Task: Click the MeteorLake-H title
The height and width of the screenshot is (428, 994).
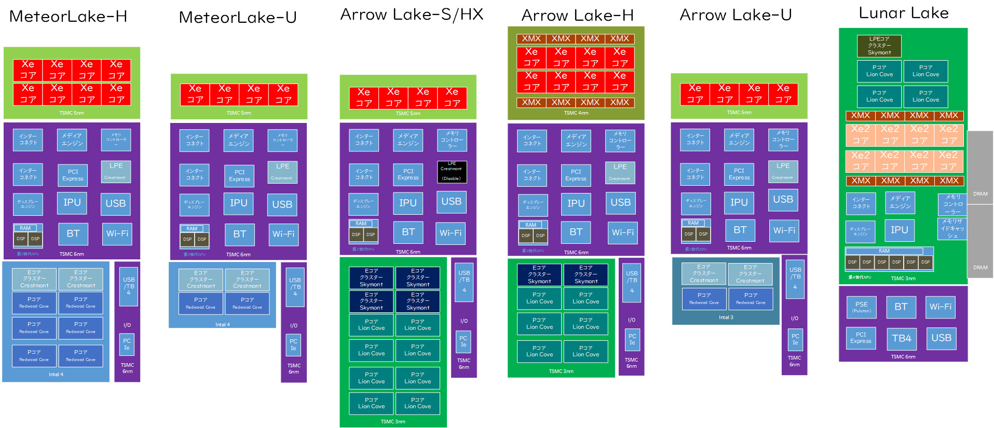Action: (68, 17)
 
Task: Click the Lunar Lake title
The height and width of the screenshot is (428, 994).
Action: (903, 13)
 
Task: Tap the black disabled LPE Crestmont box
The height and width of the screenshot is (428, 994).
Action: (452, 171)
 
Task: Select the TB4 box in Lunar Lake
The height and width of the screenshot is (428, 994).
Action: (901, 338)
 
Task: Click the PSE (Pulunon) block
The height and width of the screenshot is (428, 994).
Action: (861, 307)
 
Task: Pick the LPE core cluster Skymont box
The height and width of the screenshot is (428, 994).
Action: (879, 46)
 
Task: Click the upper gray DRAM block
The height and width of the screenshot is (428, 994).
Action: (980, 167)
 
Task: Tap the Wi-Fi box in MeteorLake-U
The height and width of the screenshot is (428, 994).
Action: (283, 234)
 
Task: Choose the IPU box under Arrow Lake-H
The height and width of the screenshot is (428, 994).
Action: (576, 203)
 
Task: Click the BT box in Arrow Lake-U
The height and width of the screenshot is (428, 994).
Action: (740, 230)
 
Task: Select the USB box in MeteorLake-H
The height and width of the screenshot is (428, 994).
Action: (115, 203)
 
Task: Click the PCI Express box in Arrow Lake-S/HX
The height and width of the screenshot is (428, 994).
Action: (408, 174)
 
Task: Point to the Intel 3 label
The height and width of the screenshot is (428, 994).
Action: (726, 317)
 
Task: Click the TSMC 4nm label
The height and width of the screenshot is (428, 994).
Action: (576, 113)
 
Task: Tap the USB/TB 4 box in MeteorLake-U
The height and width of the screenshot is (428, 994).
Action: (295, 286)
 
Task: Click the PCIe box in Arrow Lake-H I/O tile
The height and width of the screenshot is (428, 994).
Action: (632, 339)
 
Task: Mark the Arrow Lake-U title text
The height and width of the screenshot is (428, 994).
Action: (736, 15)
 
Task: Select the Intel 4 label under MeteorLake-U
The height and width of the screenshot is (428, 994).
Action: (222, 325)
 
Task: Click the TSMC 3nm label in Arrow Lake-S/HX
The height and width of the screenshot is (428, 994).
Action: (393, 421)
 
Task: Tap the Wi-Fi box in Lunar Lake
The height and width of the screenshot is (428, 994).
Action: (940, 307)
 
